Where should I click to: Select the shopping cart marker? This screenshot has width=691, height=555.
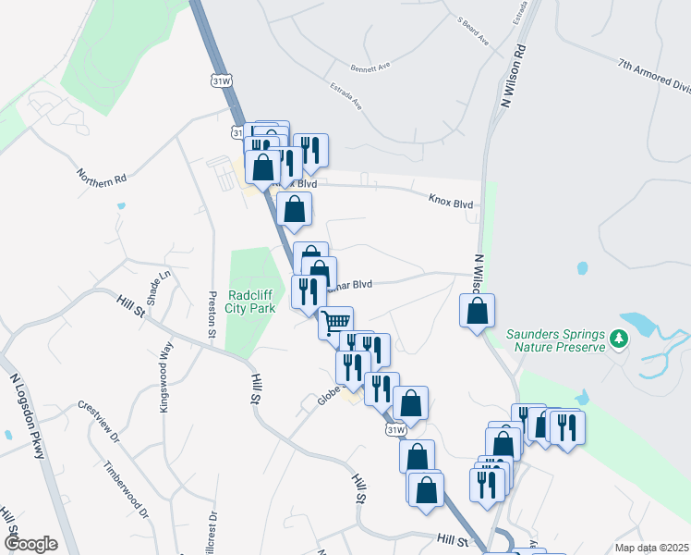pos(336,322)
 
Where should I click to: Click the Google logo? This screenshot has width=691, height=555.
pos(30,544)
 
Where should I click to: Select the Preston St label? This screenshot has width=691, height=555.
pos(212,315)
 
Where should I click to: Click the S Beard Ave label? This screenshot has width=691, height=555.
pos(472,29)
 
